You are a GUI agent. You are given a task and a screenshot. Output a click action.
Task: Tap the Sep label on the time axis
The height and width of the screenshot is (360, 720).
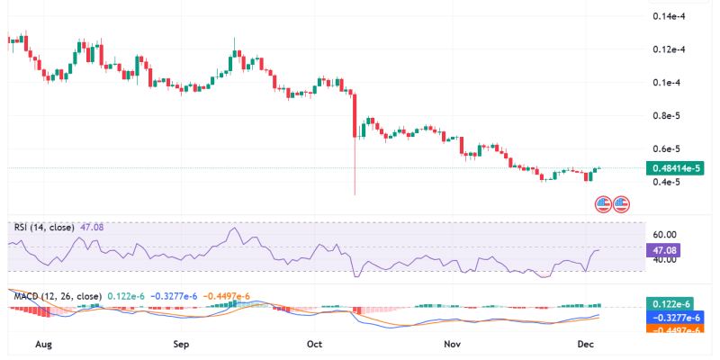click(x=181, y=344)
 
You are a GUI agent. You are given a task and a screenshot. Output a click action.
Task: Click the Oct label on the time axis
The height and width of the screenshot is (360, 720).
click(x=314, y=344)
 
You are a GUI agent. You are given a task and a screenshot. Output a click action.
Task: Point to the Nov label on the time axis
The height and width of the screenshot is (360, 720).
click(x=453, y=344)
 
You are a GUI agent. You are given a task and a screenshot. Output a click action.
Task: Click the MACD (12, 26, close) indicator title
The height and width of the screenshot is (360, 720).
click(x=58, y=295)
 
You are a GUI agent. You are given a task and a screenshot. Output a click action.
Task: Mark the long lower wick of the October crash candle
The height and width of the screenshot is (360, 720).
click(x=356, y=171)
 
